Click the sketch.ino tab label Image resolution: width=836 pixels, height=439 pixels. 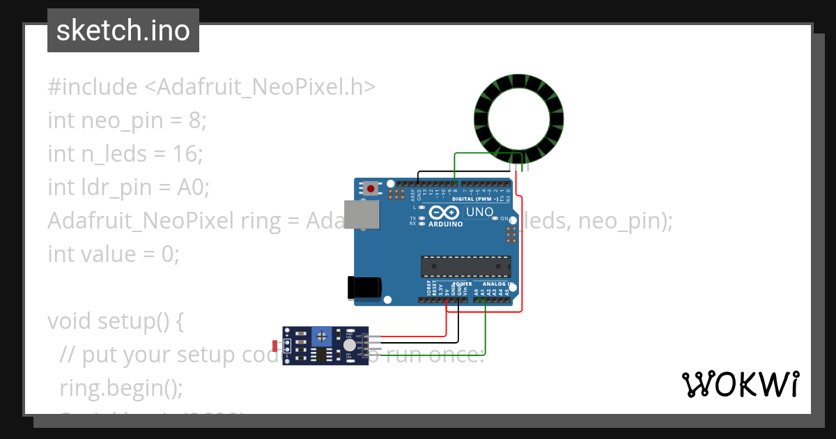(x=123, y=31)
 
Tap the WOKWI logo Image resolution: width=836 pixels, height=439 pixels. (x=740, y=384)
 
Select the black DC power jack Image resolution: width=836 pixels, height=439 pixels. (x=364, y=287)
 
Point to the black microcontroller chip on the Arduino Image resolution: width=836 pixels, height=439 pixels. (x=465, y=265)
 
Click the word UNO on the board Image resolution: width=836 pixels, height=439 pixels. (x=479, y=212)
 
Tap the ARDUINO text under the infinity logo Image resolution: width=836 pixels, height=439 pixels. (x=446, y=224)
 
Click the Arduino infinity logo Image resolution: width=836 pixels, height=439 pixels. (x=445, y=213)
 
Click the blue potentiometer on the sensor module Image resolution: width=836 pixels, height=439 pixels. (x=321, y=337)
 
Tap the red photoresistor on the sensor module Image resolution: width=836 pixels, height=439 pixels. (x=277, y=346)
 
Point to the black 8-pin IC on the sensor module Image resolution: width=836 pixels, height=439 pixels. (x=320, y=355)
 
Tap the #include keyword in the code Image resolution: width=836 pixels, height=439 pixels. (x=93, y=87)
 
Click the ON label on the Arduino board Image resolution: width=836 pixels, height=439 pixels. (x=505, y=219)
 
